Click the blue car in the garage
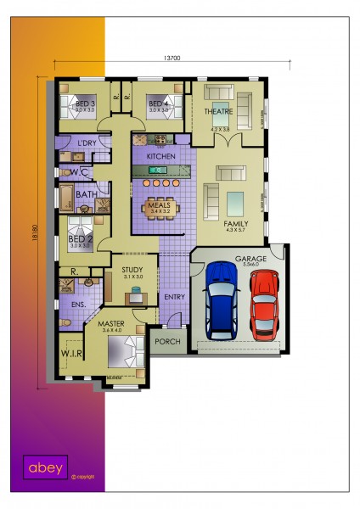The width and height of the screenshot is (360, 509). tap(222, 300)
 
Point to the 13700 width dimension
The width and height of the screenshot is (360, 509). tap(172, 58)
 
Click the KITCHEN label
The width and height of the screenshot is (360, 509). tap(160, 157)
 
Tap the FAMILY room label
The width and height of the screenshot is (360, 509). tap(234, 223)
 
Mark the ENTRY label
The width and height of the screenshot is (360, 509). tap(174, 297)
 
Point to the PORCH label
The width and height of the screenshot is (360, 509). tap(167, 342)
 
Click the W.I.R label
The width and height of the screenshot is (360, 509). tap(71, 355)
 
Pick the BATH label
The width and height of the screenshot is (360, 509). tap(86, 194)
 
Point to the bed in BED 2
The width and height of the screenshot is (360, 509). tap(81, 230)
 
